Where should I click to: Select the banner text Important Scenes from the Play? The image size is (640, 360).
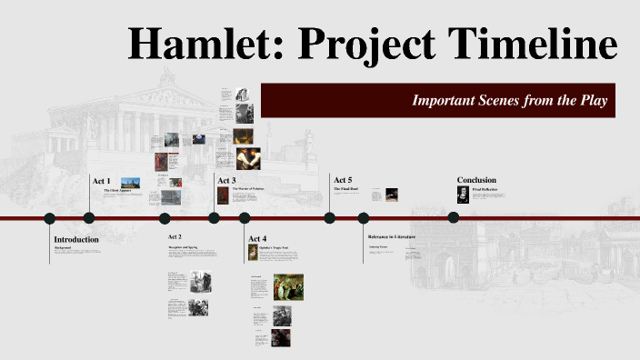tap(509, 100)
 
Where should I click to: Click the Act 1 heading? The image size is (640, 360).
tap(102, 181)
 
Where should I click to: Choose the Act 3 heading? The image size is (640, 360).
tap(226, 180)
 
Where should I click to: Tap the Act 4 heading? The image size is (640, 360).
tap(257, 238)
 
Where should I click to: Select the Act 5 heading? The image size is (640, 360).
tap(343, 180)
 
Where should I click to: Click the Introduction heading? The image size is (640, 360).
tap(76, 239)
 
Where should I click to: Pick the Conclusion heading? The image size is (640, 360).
tap(477, 180)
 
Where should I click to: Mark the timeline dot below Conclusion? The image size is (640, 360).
tap(453, 217)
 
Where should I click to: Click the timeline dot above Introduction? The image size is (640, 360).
tap(50, 218)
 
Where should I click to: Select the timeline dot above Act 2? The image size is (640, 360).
tap(165, 218)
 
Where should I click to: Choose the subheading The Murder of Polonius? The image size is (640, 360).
tap(247, 189)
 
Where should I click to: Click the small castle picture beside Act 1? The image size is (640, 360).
tap(130, 183)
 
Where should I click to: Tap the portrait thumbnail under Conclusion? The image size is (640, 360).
tap(463, 195)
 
